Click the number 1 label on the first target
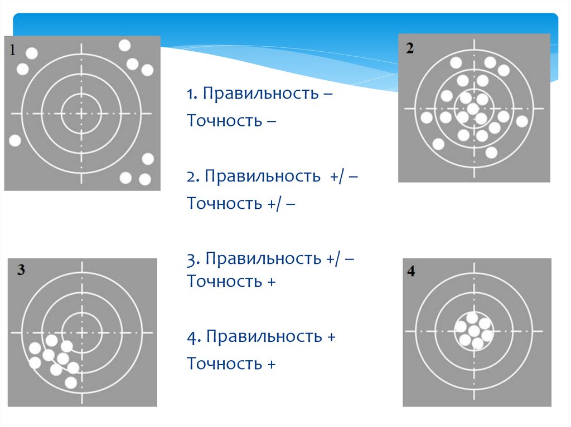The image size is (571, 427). [12, 50]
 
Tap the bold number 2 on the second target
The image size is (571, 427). [410, 48]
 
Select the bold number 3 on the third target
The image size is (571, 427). [21, 269]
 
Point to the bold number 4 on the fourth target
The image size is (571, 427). [411, 271]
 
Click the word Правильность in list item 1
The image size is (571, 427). [261, 94]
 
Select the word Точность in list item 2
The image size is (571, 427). [224, 203]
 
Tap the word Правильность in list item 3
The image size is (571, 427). [263, 259]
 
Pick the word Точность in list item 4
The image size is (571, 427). [224, 363]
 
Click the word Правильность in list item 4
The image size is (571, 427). [264, 336]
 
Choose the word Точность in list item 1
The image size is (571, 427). [224, 120]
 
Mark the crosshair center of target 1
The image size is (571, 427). [81, 114]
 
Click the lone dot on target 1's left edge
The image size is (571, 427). [15, 140]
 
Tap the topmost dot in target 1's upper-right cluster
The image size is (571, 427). [124, 46]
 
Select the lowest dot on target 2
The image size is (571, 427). [491, 153]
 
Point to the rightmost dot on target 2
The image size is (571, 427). [522, 121]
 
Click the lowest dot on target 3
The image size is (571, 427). [71, 382]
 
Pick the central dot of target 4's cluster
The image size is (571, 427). [474, 331]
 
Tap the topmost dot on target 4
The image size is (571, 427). [472, 318]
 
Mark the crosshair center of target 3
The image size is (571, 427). [82, 332]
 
